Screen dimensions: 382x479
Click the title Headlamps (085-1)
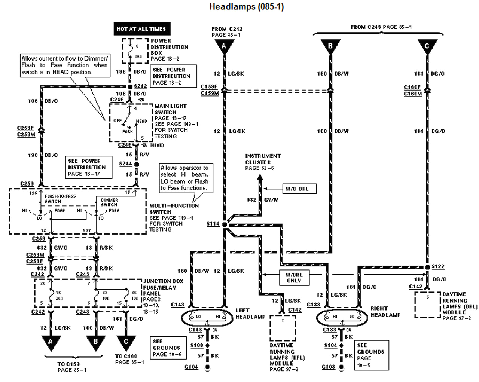246,7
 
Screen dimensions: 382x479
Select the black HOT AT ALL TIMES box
141,29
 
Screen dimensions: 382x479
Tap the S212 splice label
141,86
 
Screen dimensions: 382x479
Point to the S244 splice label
125,164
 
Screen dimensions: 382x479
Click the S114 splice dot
225,224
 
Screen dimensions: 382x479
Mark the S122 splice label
438,266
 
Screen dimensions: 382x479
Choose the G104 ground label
191,367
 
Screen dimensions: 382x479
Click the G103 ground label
328,367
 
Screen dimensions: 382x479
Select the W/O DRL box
297,189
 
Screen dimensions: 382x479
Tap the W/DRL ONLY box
294,277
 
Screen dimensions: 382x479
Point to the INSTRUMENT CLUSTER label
263,159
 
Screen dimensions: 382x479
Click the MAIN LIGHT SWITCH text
170,109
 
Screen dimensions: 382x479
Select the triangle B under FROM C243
330,47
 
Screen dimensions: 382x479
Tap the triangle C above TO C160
126,342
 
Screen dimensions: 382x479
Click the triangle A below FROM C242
224,46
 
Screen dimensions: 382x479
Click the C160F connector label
412,87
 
